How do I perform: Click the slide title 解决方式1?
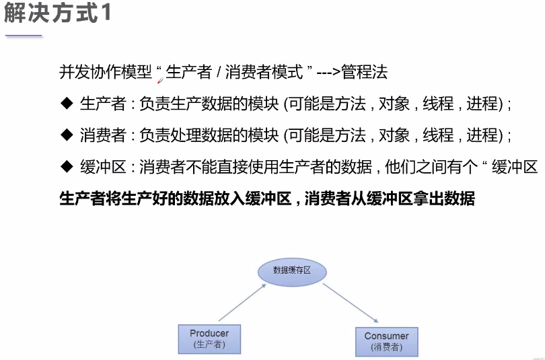coord(58,13)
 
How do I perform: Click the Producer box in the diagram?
coord(209,338)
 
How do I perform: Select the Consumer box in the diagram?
coord(386,341)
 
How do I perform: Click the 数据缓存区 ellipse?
coord(292,271)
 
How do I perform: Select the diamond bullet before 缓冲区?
coord(66,166)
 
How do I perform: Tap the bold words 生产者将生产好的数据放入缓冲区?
coord(175,199)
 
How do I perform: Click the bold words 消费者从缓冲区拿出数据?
coord(390,199)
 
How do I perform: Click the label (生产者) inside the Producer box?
coord(209,345)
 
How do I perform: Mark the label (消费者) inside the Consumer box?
coord(386,347)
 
